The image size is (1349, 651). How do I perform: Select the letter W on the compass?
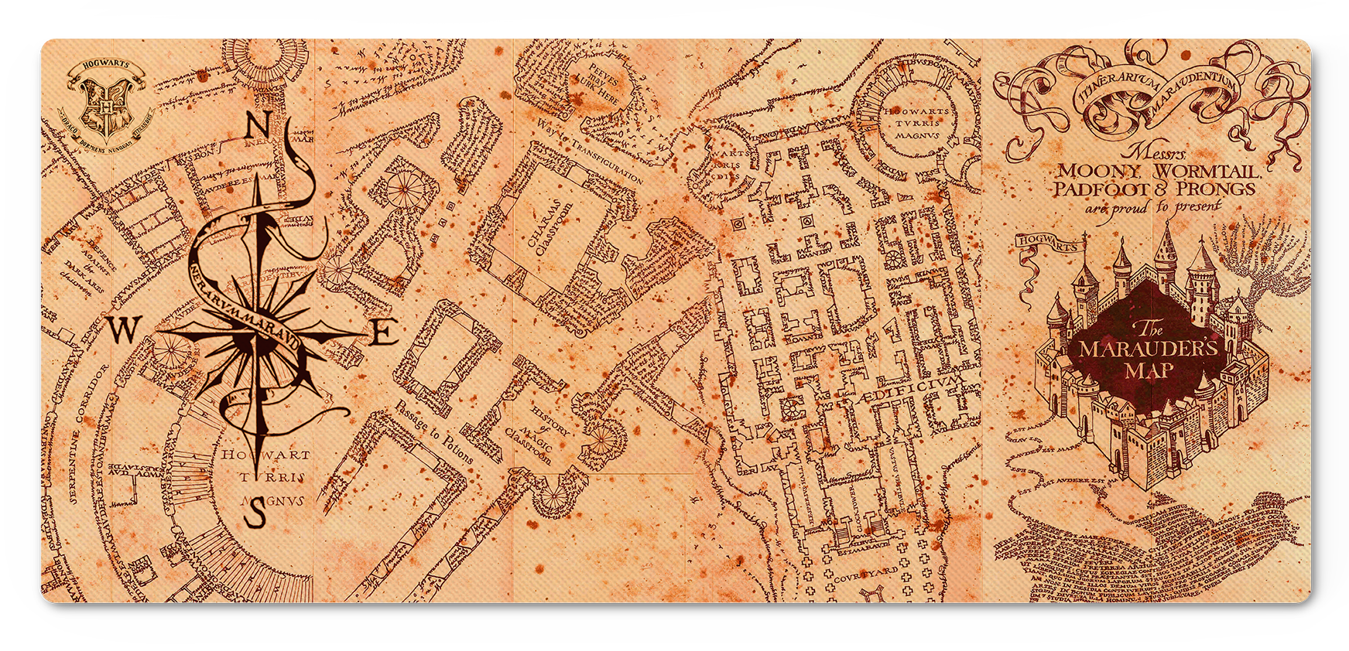122,330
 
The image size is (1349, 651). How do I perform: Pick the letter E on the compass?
385,333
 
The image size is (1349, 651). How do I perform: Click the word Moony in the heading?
1098,171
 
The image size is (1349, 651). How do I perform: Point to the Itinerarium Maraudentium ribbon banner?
1153,89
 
